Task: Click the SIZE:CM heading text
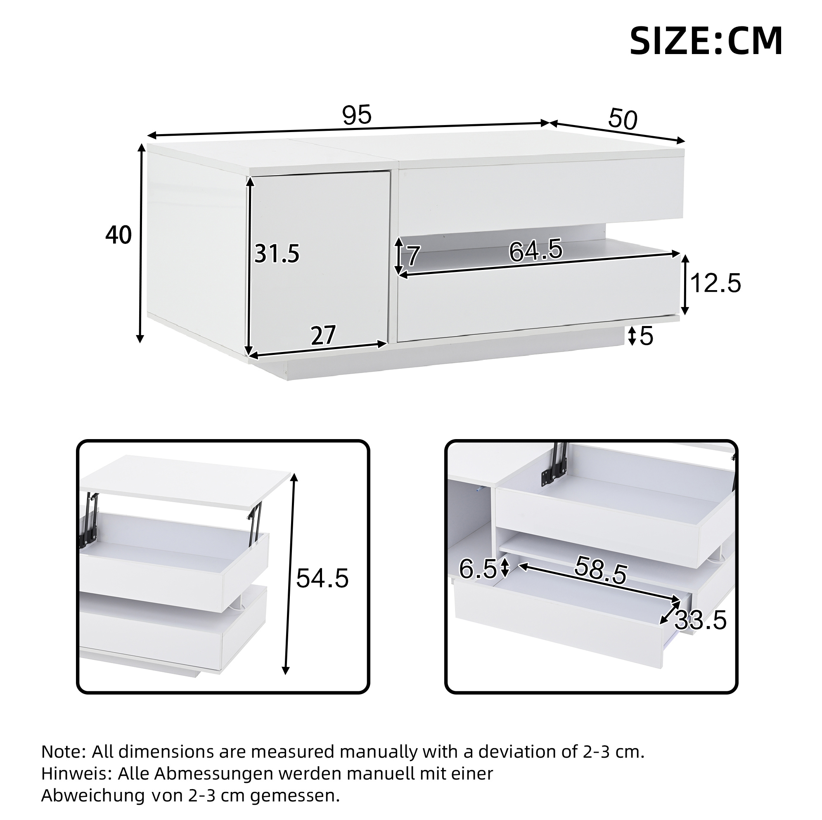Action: click(706, 41)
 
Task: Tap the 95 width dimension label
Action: click(357, 115)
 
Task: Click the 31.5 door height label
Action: click(277, 254)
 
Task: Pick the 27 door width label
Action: click(323, 336)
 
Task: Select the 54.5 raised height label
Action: click(322, 579)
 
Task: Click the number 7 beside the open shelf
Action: click(414, 256)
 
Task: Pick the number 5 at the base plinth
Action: click(646, 336)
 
